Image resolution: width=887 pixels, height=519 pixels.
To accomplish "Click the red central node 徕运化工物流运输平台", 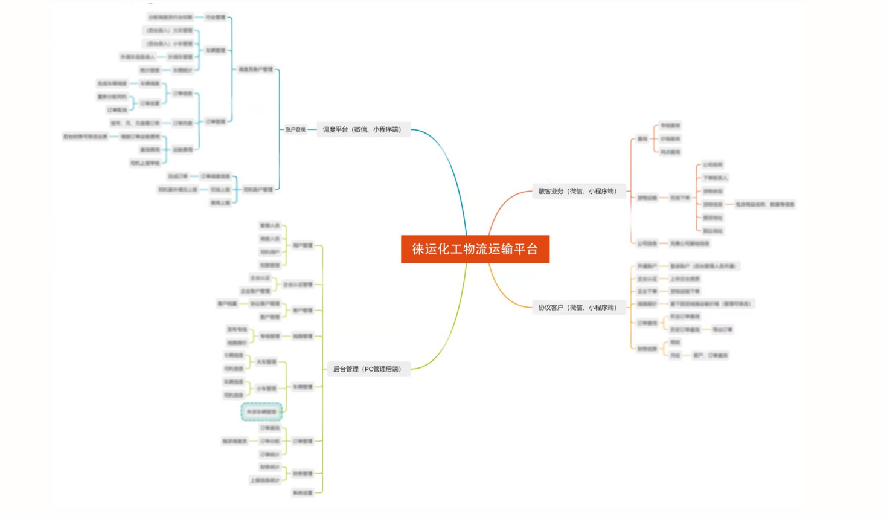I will click(475, 249).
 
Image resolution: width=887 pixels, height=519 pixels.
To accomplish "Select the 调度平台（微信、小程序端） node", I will click(362, 129).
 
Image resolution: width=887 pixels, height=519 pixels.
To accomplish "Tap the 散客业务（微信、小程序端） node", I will click(578, 191).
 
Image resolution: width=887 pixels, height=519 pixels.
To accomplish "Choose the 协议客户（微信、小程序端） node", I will click(578, 308).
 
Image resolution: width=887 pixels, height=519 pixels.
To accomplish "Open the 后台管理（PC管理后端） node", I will click(367, 369).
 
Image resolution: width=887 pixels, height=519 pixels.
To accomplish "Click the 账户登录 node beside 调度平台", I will click(296, 129).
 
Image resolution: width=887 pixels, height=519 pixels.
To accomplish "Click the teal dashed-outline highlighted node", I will click(261, 412).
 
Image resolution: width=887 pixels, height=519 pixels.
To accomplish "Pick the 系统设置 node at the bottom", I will click(303, 493).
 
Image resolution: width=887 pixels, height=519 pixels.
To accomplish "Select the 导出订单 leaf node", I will click(722, 330).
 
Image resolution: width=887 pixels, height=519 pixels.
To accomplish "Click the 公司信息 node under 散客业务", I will click(647, 243).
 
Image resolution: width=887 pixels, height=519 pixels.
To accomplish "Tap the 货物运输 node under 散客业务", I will click(647, 198).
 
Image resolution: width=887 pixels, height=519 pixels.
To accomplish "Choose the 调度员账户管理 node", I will click(255, 69).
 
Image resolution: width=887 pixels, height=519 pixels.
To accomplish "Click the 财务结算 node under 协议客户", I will click(647, 349).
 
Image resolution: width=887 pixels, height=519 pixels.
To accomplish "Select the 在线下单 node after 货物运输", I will click(680, 198).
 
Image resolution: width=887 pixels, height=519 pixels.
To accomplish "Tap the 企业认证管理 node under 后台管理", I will click(298, 285).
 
